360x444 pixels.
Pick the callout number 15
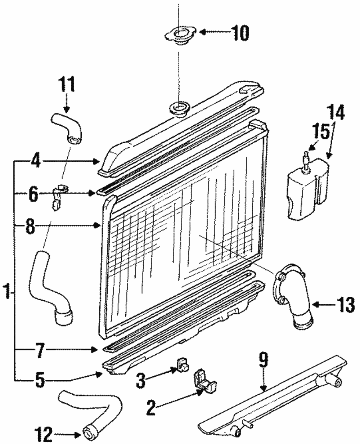[x=321, y=132]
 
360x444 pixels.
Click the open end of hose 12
[x=90, y=432]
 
